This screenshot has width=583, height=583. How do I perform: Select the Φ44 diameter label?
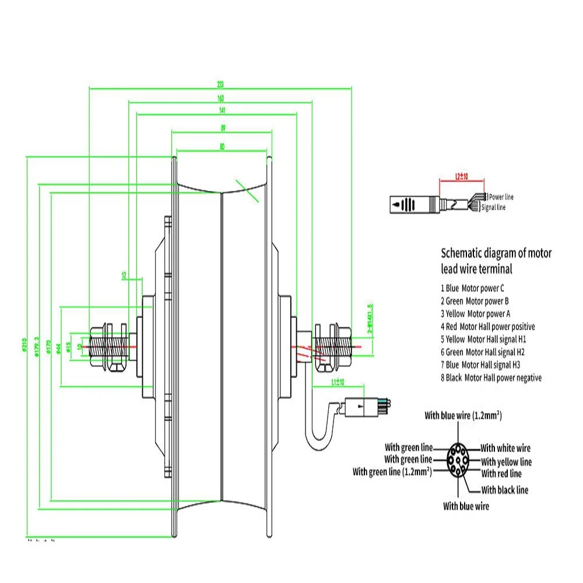click(x=59, y=347)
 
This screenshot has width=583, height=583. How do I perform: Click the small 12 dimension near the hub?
click(x=124, y=275)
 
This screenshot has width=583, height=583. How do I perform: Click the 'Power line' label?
click(x=501, y=197)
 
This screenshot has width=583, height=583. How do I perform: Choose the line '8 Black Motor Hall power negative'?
click(x=491, y=378)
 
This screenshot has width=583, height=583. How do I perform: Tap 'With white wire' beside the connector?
click(x=505, y=448)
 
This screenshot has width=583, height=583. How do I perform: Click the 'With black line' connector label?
click(x=505, y=490)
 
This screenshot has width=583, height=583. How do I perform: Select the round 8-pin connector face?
click(x=458, y=460)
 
